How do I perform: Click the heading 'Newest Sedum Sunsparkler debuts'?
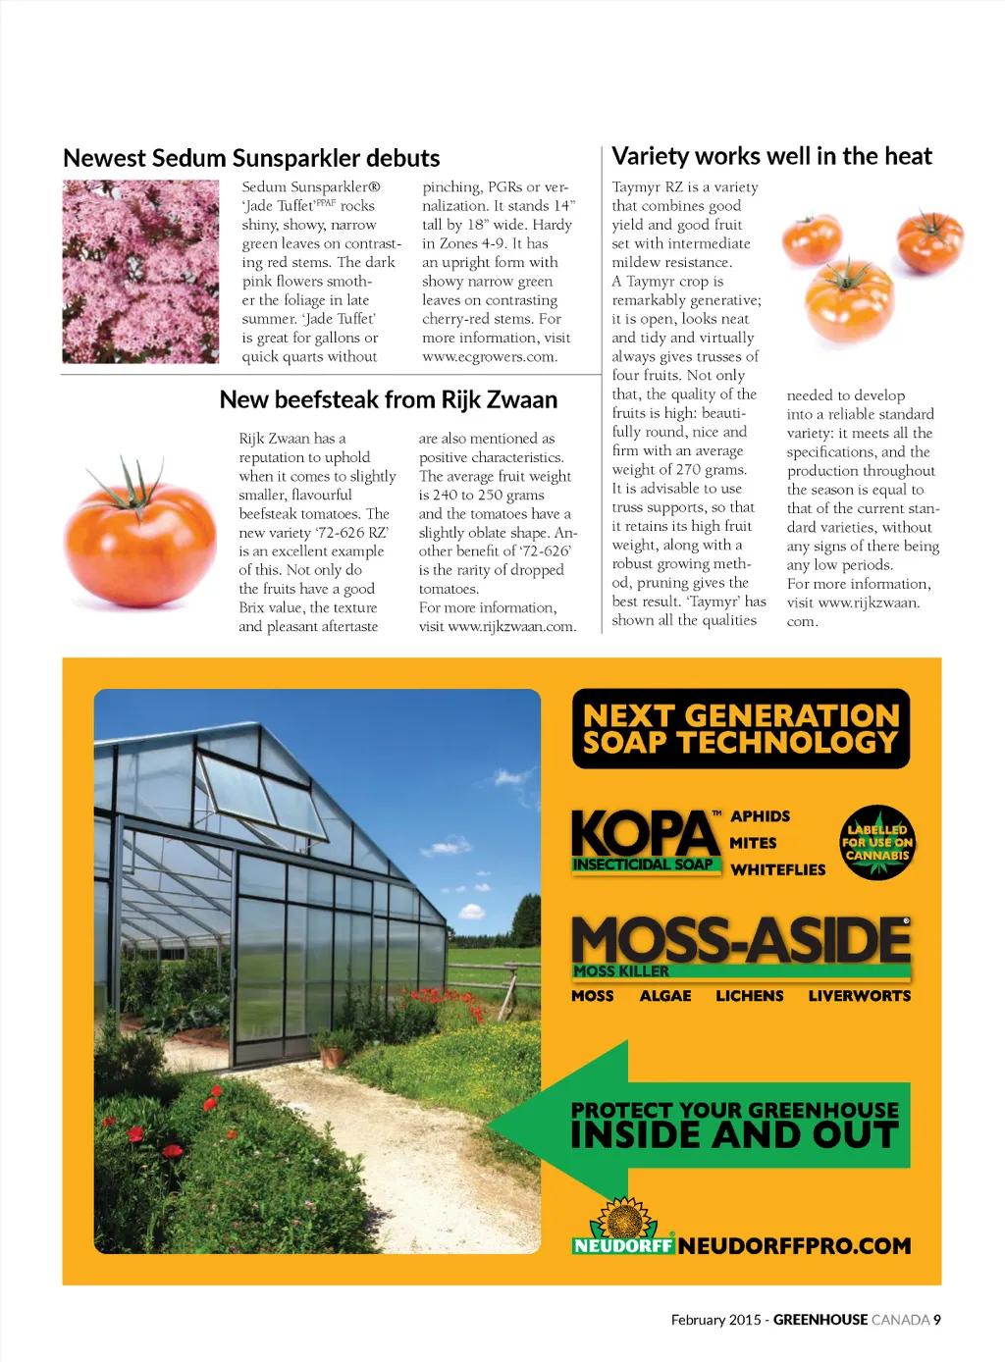point(251,158)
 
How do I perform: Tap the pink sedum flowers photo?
point(140,272)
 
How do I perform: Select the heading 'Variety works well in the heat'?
point(771,156)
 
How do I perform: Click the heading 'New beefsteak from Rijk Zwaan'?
point(388,399)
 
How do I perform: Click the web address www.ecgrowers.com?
point(490,356)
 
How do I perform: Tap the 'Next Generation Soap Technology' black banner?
point(741,729)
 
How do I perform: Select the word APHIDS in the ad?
point(760,816)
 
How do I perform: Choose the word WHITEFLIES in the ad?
point(778,869)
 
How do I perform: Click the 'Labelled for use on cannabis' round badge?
point(877,842)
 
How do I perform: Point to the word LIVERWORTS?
point(859,996)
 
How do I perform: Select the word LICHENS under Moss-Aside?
point(749,996)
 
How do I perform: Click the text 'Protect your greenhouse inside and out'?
point(735,1125)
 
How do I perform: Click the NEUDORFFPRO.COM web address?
point(794,1246)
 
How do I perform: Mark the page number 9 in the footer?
point(937,1320)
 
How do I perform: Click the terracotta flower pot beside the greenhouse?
point(333,1055)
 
